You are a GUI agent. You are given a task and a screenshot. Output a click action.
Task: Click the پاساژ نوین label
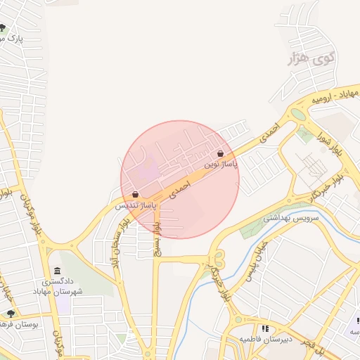221,164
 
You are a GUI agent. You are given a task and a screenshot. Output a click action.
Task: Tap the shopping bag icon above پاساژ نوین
220,153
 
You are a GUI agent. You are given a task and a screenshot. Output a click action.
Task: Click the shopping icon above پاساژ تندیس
134,194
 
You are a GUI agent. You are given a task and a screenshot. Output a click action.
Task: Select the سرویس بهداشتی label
291,218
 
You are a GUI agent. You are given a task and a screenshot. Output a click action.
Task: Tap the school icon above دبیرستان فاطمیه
264,328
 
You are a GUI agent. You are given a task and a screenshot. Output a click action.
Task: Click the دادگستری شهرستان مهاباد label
57,286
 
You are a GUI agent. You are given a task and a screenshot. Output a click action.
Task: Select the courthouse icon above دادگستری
56,271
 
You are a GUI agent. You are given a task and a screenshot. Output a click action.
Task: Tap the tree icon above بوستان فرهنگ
11,313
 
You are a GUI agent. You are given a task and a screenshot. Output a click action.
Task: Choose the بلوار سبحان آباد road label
120,243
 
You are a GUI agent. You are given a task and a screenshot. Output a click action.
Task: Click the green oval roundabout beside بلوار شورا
298,114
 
